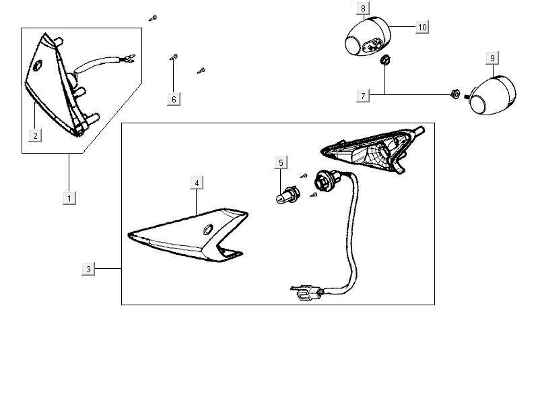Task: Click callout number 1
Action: coord(69,197)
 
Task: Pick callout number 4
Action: coord(196,183)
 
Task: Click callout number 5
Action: coord(281,162)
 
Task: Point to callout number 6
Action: coord(173,99)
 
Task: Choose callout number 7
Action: coord(363,96)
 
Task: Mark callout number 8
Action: coord(363,8)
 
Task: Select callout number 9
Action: coord(492,59)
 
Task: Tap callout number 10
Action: coord(422,27)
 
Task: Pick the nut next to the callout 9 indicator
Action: coord(454,95)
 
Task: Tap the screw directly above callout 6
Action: coord(173,58)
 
